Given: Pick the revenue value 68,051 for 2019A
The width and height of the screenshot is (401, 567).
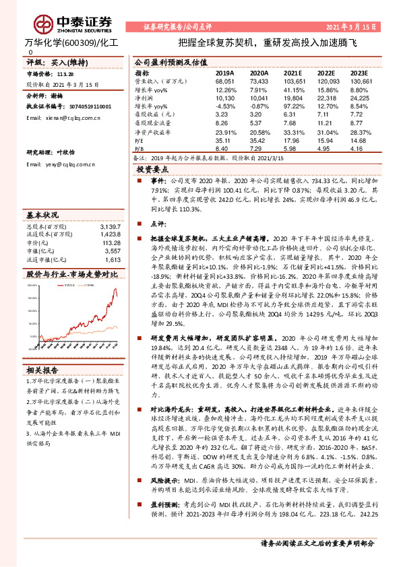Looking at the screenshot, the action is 226,80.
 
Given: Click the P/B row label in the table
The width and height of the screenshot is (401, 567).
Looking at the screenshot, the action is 140,148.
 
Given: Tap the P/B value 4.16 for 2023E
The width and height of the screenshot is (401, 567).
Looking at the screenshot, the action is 359,148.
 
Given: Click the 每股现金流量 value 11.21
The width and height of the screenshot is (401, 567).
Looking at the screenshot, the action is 326,123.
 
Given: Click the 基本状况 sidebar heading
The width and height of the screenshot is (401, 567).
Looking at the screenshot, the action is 42,215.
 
